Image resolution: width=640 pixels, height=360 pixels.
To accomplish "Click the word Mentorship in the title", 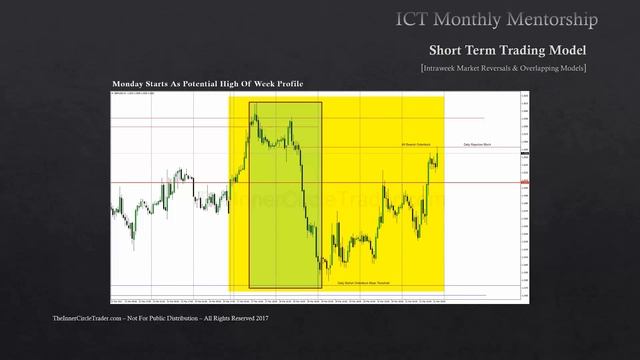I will [554, 19].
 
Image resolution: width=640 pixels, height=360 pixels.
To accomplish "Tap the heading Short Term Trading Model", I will [507, 50].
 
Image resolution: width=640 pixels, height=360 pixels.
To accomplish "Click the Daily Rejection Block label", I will [482, 146].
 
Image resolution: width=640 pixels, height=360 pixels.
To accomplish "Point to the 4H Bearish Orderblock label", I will [415, 143].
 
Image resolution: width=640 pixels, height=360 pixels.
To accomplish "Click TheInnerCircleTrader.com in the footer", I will [86, 318].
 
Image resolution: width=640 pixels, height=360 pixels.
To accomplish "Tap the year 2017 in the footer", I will [260, 318].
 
